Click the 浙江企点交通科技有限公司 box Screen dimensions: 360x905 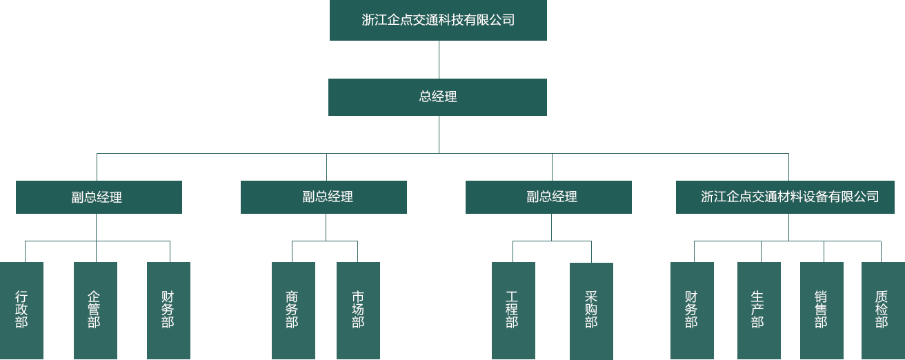[438, 20]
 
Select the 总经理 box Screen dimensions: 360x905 [437, 97]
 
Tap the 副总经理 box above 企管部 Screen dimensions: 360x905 [99, 197]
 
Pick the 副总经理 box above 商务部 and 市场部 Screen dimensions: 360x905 [324, 197]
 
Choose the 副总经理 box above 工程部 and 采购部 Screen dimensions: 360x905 [548, 197]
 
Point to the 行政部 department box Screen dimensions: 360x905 [21, 310]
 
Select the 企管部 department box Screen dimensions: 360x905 [95, 310]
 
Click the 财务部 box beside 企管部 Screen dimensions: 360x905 [168, 310]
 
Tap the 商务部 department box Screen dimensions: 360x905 [293, 310]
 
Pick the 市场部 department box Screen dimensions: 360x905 [358, 310]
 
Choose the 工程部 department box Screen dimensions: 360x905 [513, 310]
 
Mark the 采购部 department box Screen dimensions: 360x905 [591, 311]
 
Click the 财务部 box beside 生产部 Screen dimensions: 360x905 [692, 310]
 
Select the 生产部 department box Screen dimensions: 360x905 [759, 310]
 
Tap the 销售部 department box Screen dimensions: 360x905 [822, 310]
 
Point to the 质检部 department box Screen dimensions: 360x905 [882, 310]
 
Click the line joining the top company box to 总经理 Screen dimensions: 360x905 [439, 59]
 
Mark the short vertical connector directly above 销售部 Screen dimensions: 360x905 [824, 252]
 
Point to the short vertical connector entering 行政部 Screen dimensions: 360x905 [25, 252]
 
